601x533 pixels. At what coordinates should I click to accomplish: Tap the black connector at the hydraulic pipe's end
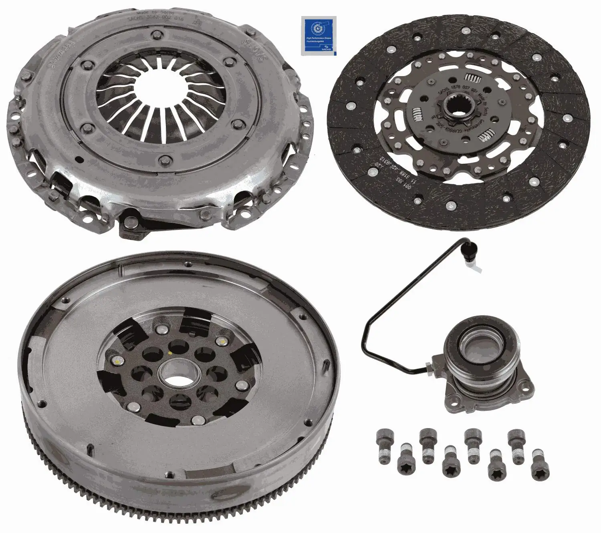point(468,251)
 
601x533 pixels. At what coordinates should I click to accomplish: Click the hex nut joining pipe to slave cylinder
point(429,366)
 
